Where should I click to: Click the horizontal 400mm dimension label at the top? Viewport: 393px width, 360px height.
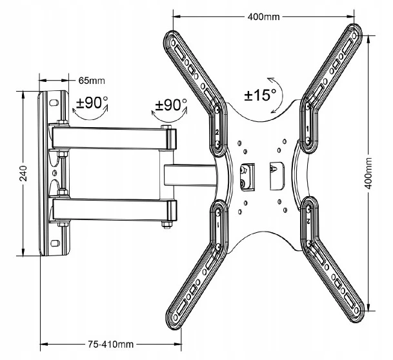[x=263, y=17]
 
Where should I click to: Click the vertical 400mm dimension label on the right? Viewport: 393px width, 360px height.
[x=368, y=174]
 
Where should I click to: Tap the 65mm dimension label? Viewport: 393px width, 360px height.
[x=92, y=81]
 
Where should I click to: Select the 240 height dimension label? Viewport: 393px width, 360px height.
[x=23, y=174]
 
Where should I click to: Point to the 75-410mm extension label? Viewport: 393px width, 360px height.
[x=110, y=345]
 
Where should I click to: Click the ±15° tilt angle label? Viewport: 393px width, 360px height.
[x=260, y=95]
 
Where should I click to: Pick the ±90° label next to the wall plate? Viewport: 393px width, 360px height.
[x=92, y=103]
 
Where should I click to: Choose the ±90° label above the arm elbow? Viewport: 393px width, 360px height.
[x=171, y=105]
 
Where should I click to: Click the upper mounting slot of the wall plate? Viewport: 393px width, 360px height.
[x=54, y=103]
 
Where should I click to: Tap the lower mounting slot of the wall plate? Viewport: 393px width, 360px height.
[x=55, y=243]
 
